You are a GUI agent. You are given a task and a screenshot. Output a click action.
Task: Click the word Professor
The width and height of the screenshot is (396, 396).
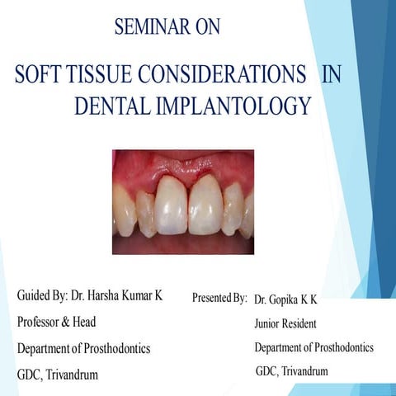[43, 322]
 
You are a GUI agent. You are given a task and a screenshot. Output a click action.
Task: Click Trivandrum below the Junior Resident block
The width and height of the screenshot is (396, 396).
[304, 371]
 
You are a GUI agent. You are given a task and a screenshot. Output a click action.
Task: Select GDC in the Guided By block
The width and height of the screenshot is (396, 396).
[29, 375]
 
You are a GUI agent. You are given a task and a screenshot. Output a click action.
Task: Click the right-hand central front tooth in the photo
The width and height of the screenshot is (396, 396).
[205, 202]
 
